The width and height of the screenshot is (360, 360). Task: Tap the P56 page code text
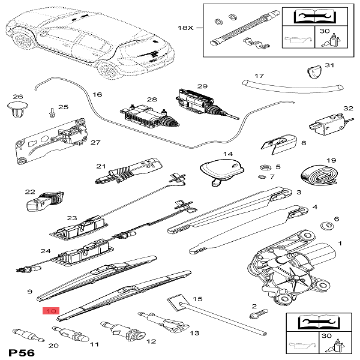click(22, 350)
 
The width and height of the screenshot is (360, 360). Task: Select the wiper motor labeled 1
click(295, 263)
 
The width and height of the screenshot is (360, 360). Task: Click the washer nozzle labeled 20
click(24, 332)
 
